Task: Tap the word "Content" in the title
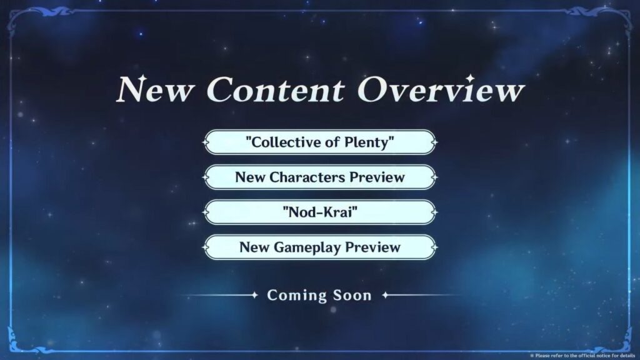[276, 90]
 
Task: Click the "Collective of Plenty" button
[320, 142]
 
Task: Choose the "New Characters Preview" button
[320, 177]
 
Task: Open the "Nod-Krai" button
[320, 212]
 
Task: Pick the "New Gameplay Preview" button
[320, 247]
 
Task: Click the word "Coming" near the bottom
[297, 296]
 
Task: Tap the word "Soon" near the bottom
[352, 295]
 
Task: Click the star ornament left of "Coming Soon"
[255, 295]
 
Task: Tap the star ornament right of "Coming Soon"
[385, 295]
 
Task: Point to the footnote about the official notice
[583, 356]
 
